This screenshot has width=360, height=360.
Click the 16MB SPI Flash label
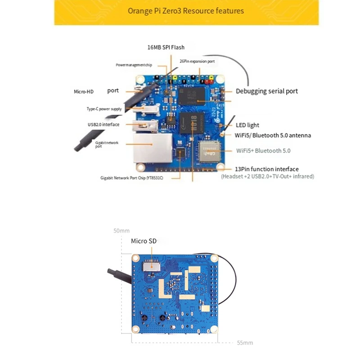(166, 47)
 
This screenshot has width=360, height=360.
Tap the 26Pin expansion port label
(197, 61)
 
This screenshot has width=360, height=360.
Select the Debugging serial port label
(267, 91)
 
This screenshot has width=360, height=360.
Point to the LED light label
(247, 125)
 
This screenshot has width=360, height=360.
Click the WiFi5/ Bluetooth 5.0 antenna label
(273, 135)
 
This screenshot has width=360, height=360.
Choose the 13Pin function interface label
(267, 169)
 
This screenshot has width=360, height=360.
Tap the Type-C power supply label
(104, 109)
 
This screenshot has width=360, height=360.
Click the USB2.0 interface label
(103, 125)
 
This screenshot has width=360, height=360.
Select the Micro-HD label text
(84, 91)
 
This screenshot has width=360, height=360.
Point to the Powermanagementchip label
(134, 65)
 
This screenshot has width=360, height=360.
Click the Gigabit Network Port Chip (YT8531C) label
(131, 178)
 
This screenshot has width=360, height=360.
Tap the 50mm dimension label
(121, 230)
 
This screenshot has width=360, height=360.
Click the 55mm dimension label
(245, 342)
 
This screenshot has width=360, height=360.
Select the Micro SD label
(144, 241)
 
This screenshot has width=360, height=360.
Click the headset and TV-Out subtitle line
(267, 176)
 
